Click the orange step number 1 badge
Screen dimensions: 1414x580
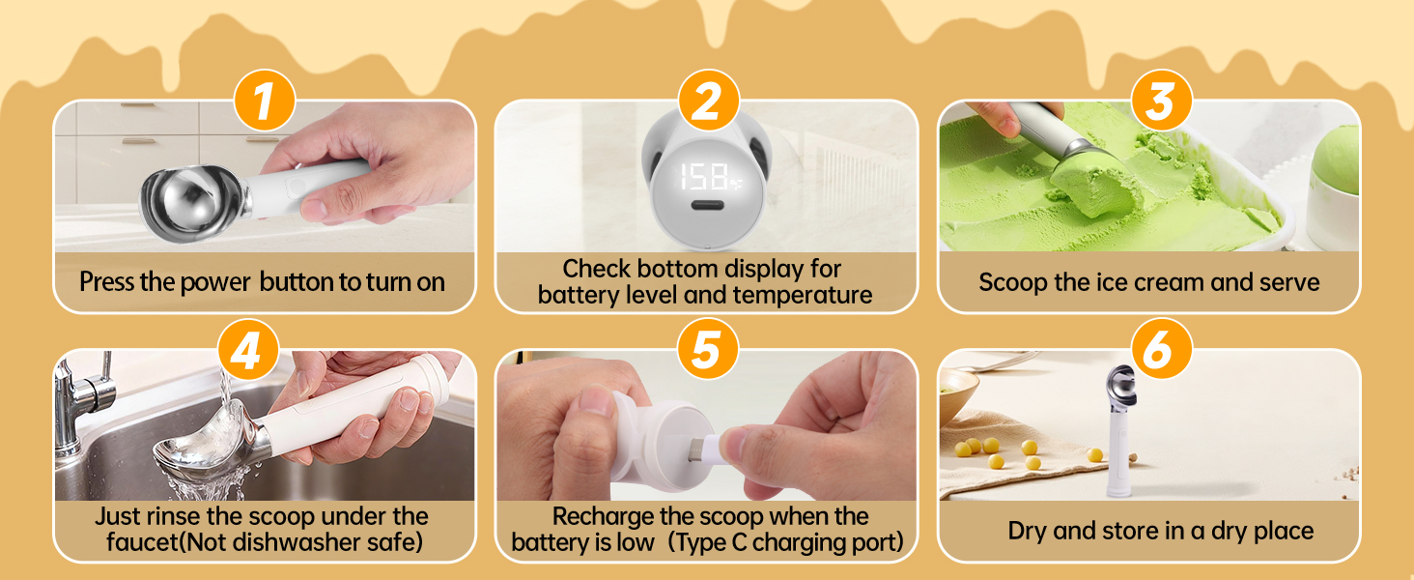pyautogui.click(x=265, y=101)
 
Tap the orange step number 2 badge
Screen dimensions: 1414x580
pyautogui.click(x=708, y=101)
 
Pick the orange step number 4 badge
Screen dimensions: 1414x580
pyautogui.click(x=248, y=349)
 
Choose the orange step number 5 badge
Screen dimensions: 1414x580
pyautogui.click(x=707, y=349)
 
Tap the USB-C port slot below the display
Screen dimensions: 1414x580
pyautogui.click(x=708, y=205)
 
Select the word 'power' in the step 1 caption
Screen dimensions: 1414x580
pyautogui.click(x=215, y=282)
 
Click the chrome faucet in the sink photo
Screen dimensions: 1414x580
pyautogui.click(x=83, y=404)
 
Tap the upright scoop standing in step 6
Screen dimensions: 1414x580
pyautogui.click(x=1119, y=429)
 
